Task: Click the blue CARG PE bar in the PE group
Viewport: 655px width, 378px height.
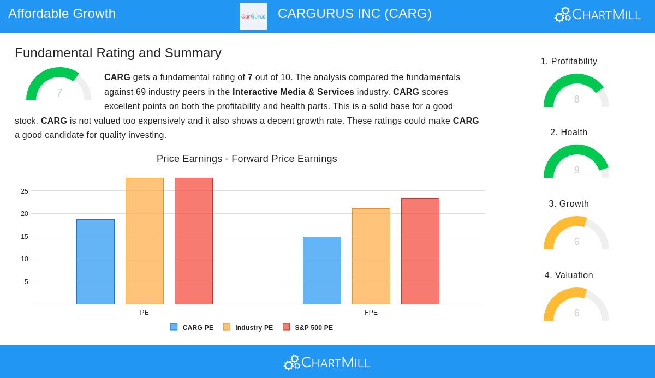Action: (x=96, y=262)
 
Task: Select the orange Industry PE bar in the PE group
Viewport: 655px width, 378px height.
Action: (x=145, y=241)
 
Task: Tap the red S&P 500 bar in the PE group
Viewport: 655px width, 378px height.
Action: (x=194, y=241)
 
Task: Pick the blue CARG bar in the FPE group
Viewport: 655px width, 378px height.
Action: (x=322, y=271)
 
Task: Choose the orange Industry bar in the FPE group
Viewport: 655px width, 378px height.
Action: (x=371, y=256)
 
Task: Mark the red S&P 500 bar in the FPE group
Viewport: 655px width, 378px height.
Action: (x=420, y=251)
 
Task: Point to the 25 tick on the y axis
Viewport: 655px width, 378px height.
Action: (x=25, y=191)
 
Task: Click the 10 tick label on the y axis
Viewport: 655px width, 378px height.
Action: (x=25, y=259)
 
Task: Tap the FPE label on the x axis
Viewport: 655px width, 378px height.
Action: (x=371, y=313)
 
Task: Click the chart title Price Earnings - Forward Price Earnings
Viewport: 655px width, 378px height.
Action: (x=247, y=159)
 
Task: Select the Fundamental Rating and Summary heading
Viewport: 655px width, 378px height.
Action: (x=118, y=53)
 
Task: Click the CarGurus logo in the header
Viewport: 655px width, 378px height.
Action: (x=253, y=16)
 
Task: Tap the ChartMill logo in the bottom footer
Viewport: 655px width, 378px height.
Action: (x=327, y=362)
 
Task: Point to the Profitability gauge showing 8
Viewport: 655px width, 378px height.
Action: (x=576, y=91)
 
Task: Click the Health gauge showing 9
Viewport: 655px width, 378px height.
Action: (x=576, y=162)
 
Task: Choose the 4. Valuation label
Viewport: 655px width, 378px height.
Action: (x=569, y=275)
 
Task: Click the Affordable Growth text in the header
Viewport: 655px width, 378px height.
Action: (x=62, y=14)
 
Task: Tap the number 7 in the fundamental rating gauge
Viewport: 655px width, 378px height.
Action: (x=59, y=93)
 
